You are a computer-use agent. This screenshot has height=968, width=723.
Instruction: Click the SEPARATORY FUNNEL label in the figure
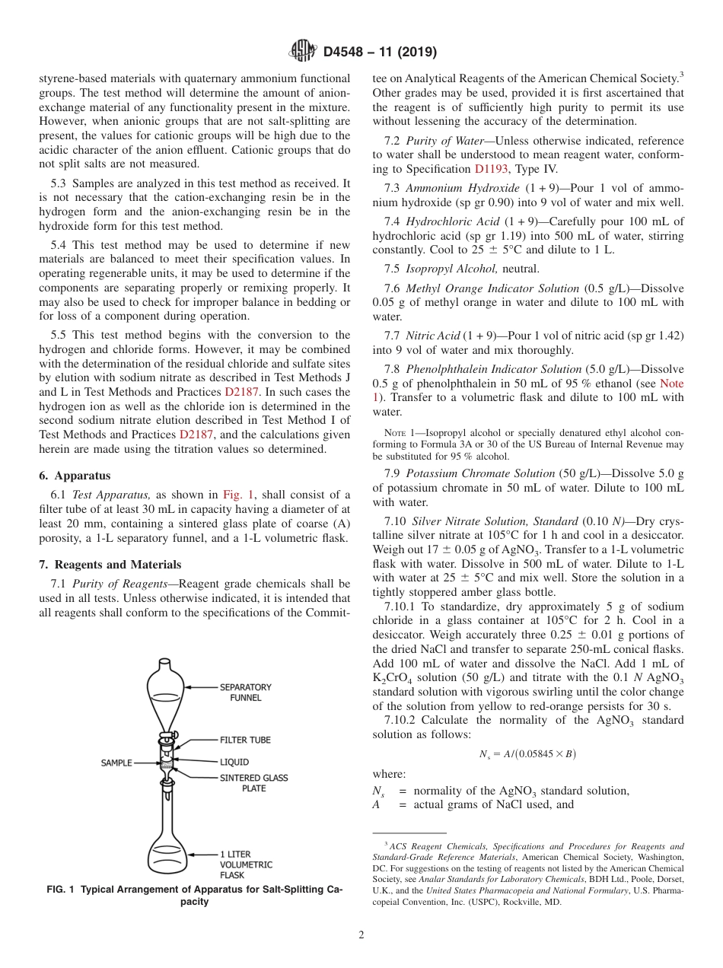click(245, 692)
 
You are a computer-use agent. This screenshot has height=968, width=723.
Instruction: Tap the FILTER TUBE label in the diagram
click(245, 740)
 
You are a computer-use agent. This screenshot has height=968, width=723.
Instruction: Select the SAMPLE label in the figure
click(116, 762)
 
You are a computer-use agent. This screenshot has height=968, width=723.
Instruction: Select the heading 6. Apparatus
click(75, 476)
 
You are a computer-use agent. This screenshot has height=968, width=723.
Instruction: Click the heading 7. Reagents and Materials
click(110, 565)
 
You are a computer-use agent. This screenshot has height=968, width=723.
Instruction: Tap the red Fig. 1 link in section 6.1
click(237, 494)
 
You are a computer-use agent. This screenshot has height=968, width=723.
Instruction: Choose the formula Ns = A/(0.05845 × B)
click(527, 754)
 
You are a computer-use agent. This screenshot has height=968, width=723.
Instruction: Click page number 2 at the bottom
click(361, 935)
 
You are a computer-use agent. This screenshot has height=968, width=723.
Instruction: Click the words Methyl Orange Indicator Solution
click(492, 288)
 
